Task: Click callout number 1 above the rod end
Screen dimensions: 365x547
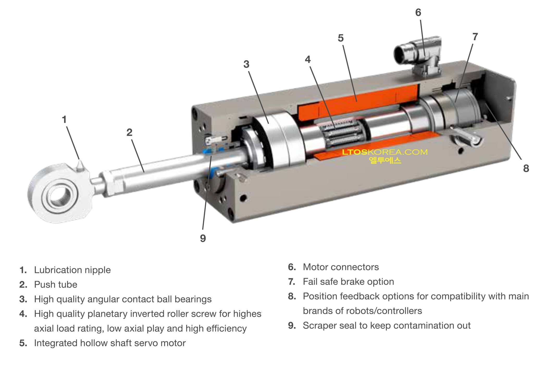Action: point(64,120)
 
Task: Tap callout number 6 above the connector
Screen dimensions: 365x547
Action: point(418,12)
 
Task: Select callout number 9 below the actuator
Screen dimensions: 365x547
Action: point(203,238)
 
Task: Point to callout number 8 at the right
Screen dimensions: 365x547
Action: point(526,169)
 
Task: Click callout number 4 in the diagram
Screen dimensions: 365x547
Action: point(308,60)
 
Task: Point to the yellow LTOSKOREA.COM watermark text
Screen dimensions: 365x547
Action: point(385,152)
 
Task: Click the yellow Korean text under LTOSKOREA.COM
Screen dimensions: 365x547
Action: point(385,160)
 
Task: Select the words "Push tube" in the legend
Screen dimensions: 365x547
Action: point(55,285)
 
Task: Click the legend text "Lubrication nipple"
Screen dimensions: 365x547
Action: point(72,270)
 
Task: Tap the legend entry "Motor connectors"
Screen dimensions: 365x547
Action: point(341,267)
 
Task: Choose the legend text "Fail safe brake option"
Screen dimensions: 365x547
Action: point(348,282)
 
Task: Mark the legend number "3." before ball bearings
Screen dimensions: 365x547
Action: point(23,299)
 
